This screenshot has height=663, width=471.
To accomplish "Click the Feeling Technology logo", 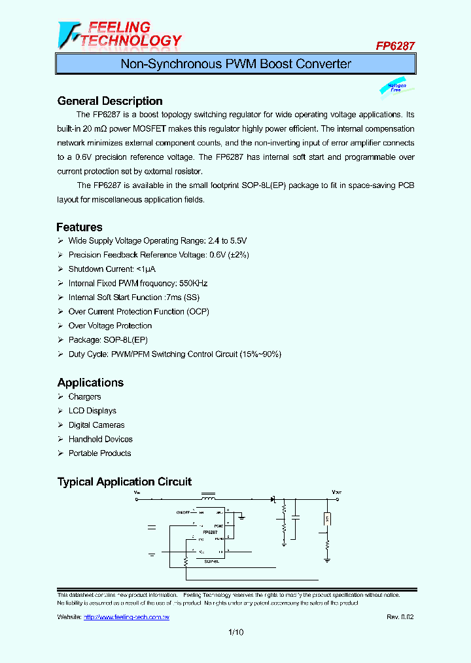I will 118,34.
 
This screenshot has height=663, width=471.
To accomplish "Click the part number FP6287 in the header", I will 394,47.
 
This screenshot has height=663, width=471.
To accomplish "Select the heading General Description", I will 110,101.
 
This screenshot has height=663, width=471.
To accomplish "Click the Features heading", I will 79,227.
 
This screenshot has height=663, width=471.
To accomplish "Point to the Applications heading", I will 90,383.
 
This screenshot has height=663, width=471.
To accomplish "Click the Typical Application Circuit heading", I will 124,482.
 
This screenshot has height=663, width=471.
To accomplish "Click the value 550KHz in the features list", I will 193,284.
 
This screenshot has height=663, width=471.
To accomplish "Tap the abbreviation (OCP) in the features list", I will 198,312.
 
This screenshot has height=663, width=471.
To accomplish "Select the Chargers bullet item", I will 84,397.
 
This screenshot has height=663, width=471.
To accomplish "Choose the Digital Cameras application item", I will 96,425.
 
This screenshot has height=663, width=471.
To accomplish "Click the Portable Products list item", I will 99,453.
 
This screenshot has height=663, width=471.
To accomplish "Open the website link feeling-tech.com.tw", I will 126,617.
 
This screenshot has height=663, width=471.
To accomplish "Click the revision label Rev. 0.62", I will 400,617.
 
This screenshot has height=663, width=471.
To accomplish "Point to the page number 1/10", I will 235,632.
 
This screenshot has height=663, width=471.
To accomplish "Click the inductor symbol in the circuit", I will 209,495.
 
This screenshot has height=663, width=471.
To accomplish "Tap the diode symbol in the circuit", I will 272,499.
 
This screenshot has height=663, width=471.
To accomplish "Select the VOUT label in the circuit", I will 336,491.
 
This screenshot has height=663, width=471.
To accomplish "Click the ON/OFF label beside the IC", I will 184,512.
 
